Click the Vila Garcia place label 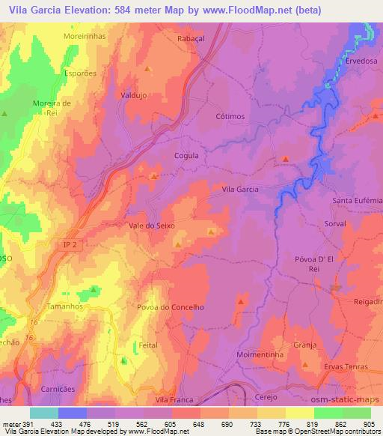click(x=240, y=190)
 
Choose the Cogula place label click(x=186, y=155)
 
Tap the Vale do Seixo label click(x=152, y=225)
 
